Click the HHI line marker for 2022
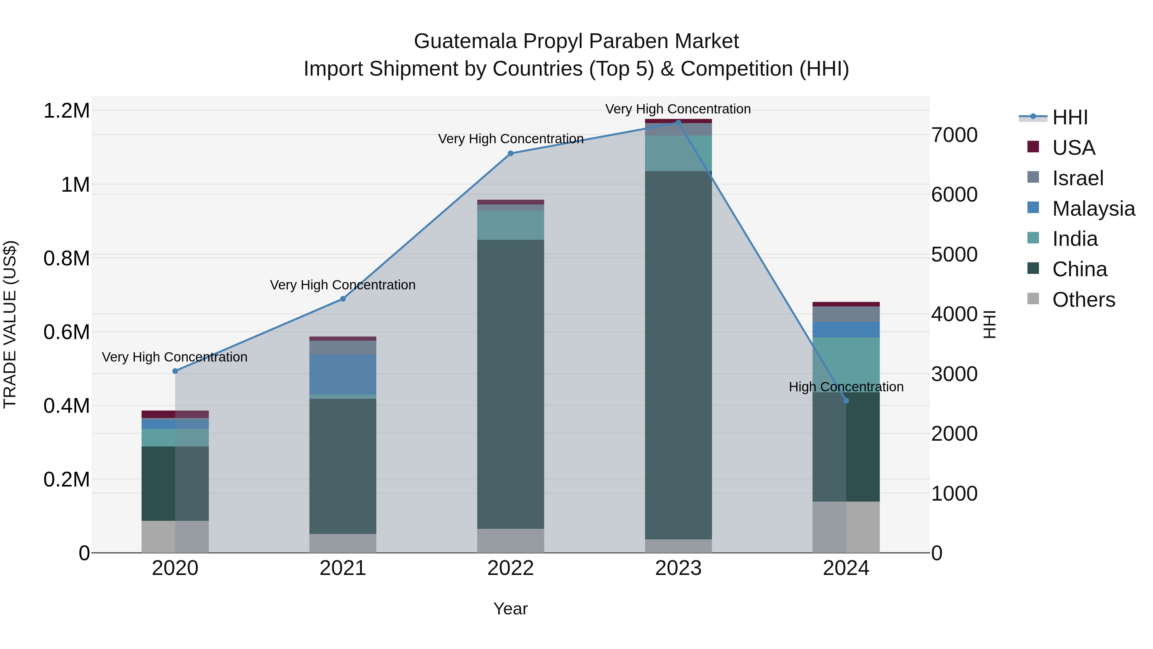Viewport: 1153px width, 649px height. click(x=511, y=153)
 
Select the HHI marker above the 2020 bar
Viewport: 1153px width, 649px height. click(x=175, y=371)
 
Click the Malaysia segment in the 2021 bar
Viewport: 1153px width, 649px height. click(x=343, y=374)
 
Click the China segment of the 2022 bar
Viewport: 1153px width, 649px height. click(x=511, y=384)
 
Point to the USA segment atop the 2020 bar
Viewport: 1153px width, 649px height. click(x=175, y=414)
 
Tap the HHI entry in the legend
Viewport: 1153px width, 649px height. click(x=1069, y=117)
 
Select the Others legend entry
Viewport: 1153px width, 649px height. click(x=1083, y=300)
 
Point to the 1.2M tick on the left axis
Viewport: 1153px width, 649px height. click(x=66, y=111)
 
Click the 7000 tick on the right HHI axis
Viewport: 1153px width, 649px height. click(x=954, y=135)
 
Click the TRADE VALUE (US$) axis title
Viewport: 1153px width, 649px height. click(x=10, y=324)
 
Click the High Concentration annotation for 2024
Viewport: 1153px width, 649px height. click(x=846, y=387)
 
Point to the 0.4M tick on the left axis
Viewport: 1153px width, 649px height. click(x=66, y=406)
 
